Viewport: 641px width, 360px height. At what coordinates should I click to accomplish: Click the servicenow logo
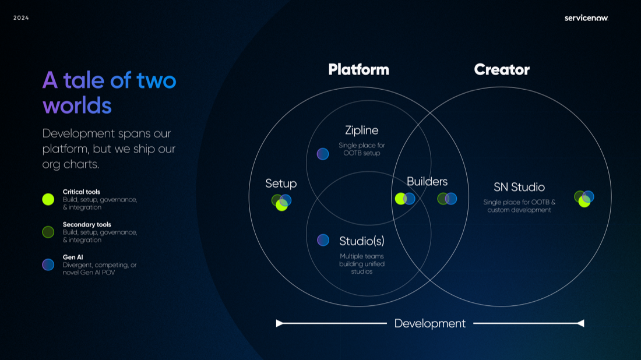click(586, 18)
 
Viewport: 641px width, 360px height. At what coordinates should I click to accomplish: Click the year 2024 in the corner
click(21, 18)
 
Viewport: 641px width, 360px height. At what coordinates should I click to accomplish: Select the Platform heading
click(358, 70)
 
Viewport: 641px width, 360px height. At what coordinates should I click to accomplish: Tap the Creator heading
click(502, 70)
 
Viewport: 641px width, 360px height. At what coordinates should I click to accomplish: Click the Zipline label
click(361, 130)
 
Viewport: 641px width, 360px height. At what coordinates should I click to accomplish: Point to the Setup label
click(281, 183)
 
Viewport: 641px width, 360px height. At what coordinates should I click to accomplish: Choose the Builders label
click(427, 182)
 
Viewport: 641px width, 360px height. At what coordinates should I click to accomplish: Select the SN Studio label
click(519, 187)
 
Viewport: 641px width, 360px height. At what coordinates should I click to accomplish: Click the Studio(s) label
click(362, 241)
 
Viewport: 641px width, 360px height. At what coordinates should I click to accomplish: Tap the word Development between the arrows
click(430, 323)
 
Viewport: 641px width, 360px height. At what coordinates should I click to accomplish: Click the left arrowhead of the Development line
click(280, 323)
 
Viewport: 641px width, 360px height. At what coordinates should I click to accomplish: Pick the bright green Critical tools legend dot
click(48, 199)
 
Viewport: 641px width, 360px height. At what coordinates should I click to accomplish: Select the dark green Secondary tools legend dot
click(48, 232)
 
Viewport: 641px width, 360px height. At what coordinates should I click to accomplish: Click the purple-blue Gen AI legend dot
click(48, 264)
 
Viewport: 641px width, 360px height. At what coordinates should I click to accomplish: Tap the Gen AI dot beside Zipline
click(323, 154)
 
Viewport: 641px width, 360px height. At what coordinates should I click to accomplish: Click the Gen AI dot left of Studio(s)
click(323, 240)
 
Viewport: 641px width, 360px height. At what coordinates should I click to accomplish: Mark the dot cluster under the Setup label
click(281, 202)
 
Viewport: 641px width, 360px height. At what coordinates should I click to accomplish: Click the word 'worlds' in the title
click(77, 105)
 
